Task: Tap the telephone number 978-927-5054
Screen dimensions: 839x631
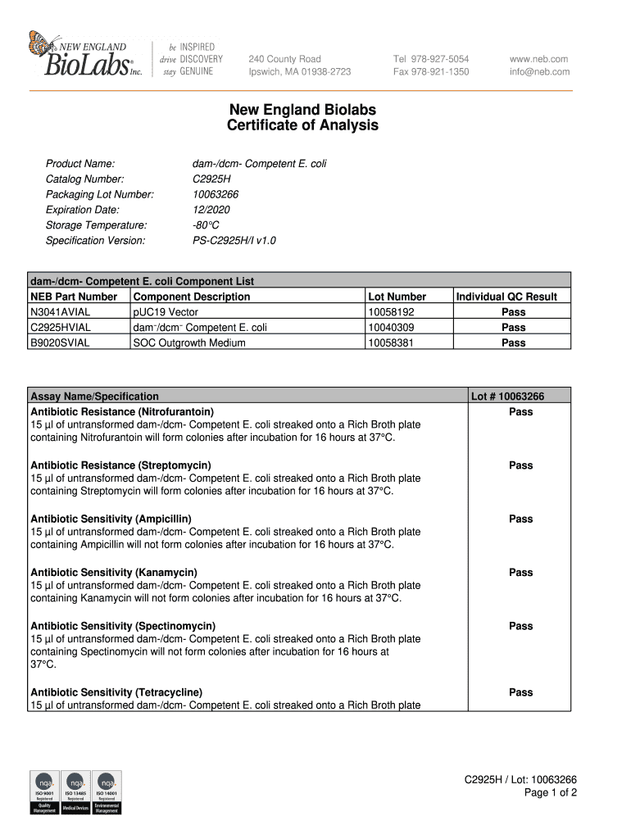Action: pyautogui.click(x=431, y=59)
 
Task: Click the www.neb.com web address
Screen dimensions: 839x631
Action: pyautogui.click(x=538, y=59)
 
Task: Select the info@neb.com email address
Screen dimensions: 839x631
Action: pyautogui.click(x=539, y=72)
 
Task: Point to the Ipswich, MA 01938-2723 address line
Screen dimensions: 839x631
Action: pyautogui.click(x=299, y=72)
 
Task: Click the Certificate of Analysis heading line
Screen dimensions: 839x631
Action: pyautogui.click(x=302, y=126)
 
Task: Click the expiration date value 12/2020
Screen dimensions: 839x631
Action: pyautogui.click(x=211, y=210)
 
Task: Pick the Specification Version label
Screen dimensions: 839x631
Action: pyautogui.click(x=95, y=241)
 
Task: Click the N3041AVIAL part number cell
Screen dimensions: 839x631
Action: pyautogui.click(x=61, y=312)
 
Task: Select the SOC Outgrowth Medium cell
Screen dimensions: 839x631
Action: pyautogui.click(x=188, y=342)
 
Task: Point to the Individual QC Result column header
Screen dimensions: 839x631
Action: pyautogui.click(x=506, y=297)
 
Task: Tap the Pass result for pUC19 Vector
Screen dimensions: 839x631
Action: pyautogui.click(x=513, y=312)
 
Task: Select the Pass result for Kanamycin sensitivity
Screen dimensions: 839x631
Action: pyautogui.click(x=520, y=573)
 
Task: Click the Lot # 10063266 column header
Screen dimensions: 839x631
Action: pyautogui.click(x=507, y=397)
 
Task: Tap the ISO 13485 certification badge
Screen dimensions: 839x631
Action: pyautogui.click(x=75, y=792)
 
